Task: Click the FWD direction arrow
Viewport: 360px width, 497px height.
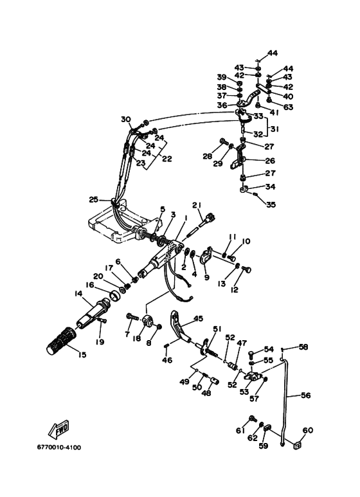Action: (x=59, y=429)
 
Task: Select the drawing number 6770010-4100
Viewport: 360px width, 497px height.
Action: (x=59, y=447)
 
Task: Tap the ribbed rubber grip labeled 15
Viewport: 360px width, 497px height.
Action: (x=61, y=340)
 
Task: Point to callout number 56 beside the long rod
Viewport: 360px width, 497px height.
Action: (x=306, y=395)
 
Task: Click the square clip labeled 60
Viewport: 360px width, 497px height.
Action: (x=297, y=446)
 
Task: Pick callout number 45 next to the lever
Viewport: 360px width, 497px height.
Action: (x=198, y=318)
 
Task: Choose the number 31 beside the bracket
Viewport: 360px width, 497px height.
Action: (x=275, y=129)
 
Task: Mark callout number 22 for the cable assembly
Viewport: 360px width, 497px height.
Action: (x=166, y=158)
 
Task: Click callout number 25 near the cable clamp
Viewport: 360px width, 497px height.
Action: (x=94, y=200)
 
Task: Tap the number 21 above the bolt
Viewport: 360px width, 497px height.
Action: (x=197, y=205)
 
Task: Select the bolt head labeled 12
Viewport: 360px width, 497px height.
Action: (x=246, y=269)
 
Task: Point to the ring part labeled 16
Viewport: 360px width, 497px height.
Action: (x=114, y=295)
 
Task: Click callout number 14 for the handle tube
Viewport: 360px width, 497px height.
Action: (x=78, y=294)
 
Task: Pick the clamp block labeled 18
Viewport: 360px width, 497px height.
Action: (x=148, y=320)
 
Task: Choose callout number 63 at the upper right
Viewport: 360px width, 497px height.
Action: (x=288, y=107)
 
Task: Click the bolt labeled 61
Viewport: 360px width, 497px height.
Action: (x=253, y=419)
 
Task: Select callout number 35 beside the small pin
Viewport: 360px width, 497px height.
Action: (x=271, y=204)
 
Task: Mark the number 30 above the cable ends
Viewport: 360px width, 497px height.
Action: (x=126, y=119)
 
